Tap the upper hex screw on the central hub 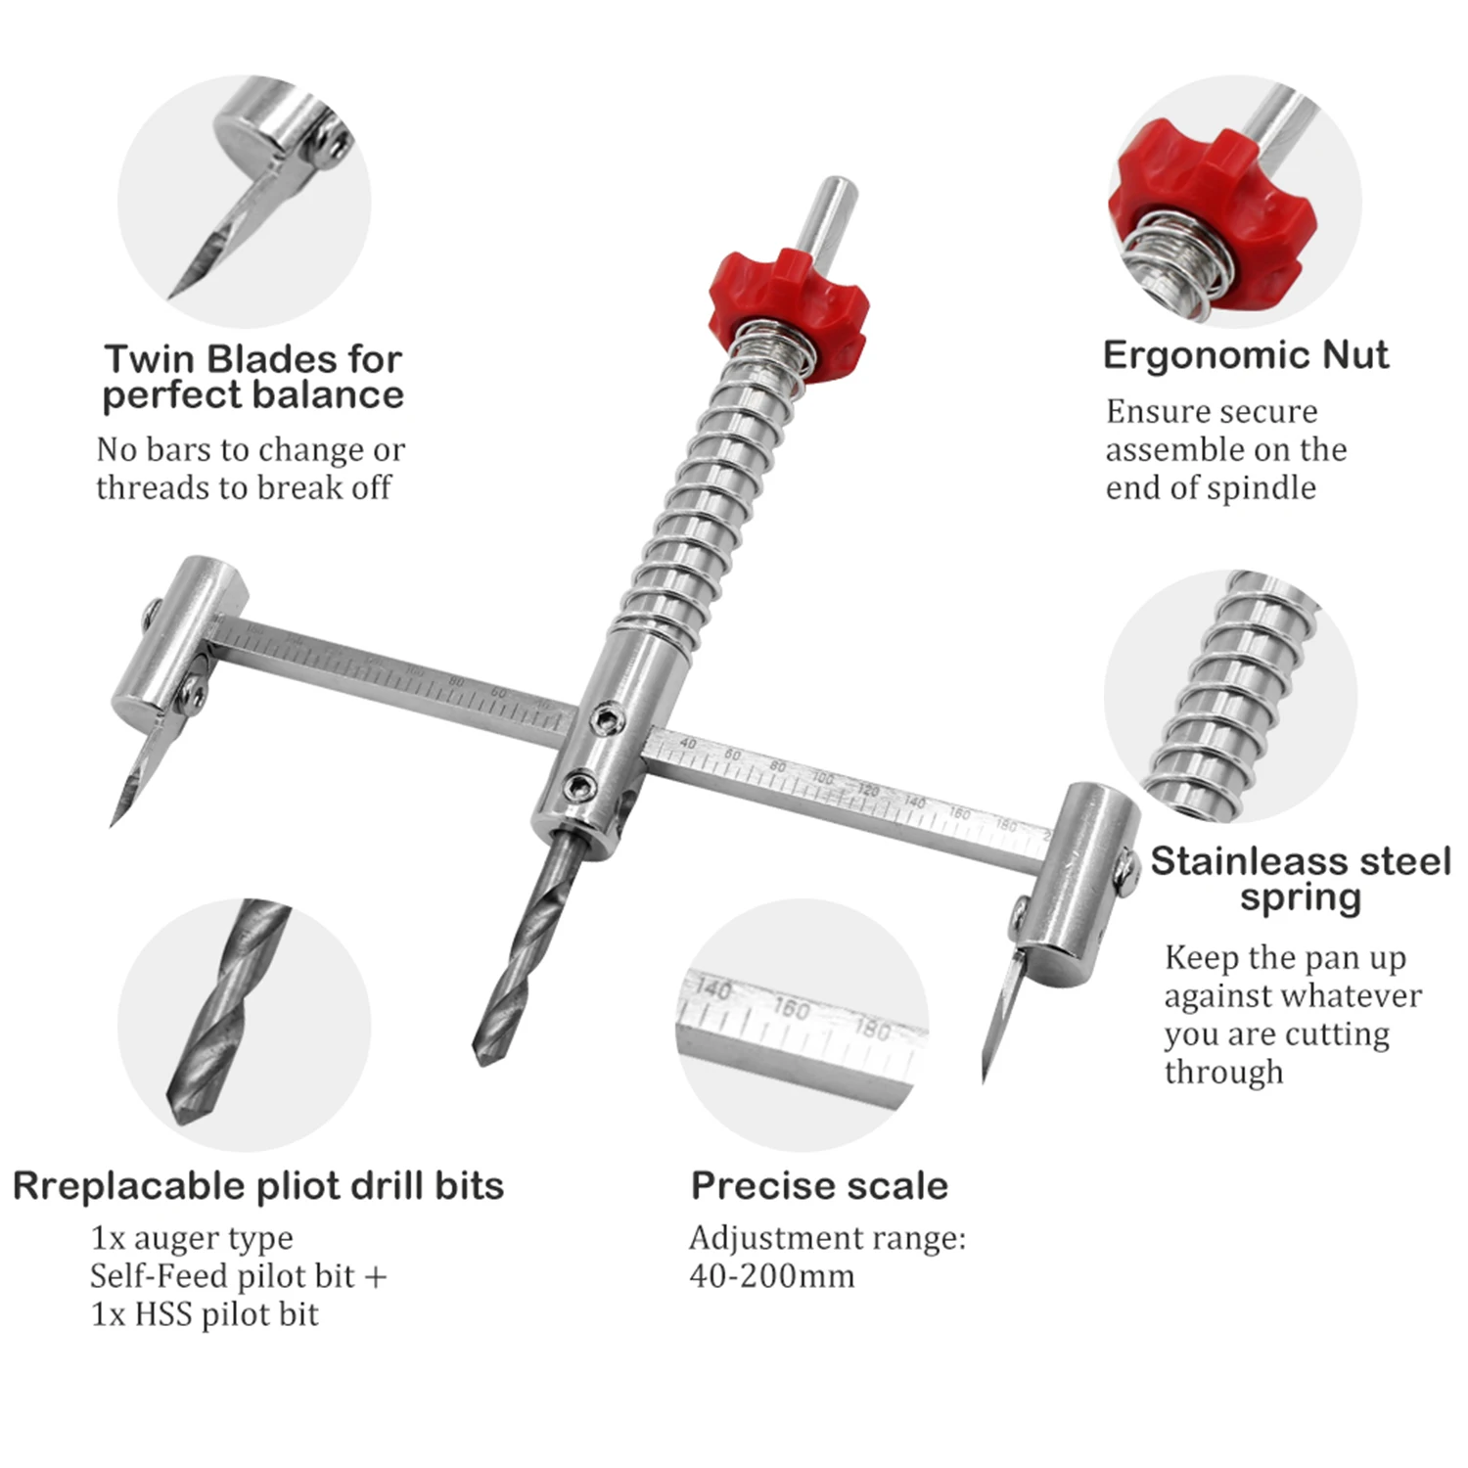point(608,722)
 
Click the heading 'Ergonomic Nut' point(1245,355)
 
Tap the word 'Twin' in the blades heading point(148,359)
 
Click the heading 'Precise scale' point(819,1185)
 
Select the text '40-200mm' point(771,1276)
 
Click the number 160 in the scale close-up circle point(791,1007)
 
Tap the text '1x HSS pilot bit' point(205,1314)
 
